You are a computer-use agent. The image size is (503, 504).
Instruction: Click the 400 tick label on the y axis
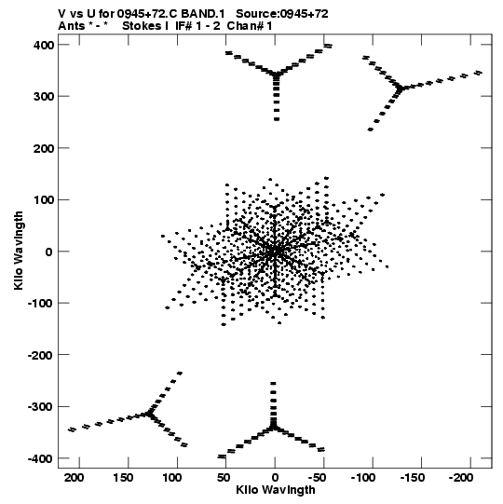(44, 45)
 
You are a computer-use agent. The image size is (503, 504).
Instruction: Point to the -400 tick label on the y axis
(40, 458)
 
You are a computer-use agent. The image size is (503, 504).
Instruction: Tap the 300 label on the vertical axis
(44, 97)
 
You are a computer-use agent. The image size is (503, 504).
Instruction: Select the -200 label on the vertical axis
(40, 355)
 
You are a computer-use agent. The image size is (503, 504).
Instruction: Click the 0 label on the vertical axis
(48, 252)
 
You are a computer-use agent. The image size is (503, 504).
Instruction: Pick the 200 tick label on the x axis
(75, 478)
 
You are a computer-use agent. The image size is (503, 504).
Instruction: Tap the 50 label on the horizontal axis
(224, 478)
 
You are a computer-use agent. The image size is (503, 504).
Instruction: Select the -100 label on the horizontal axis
(363, 478)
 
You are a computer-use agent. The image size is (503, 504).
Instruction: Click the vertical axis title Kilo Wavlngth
(19, 251)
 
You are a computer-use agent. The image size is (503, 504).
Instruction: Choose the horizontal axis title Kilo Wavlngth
(276, 490)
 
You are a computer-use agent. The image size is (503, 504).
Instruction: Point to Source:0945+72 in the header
(282, 14)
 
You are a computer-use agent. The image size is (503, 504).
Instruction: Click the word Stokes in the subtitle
(142, 26)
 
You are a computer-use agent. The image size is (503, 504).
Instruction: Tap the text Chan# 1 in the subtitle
(250, 26)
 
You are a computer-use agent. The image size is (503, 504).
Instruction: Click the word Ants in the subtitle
(71, 26)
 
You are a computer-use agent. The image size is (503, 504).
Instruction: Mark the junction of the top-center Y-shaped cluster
(276, 75)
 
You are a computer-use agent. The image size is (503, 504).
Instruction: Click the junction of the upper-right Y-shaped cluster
(400, 88)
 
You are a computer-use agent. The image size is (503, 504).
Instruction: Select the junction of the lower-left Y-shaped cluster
(149, 414)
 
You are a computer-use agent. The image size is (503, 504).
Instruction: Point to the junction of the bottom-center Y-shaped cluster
(273, 428)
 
